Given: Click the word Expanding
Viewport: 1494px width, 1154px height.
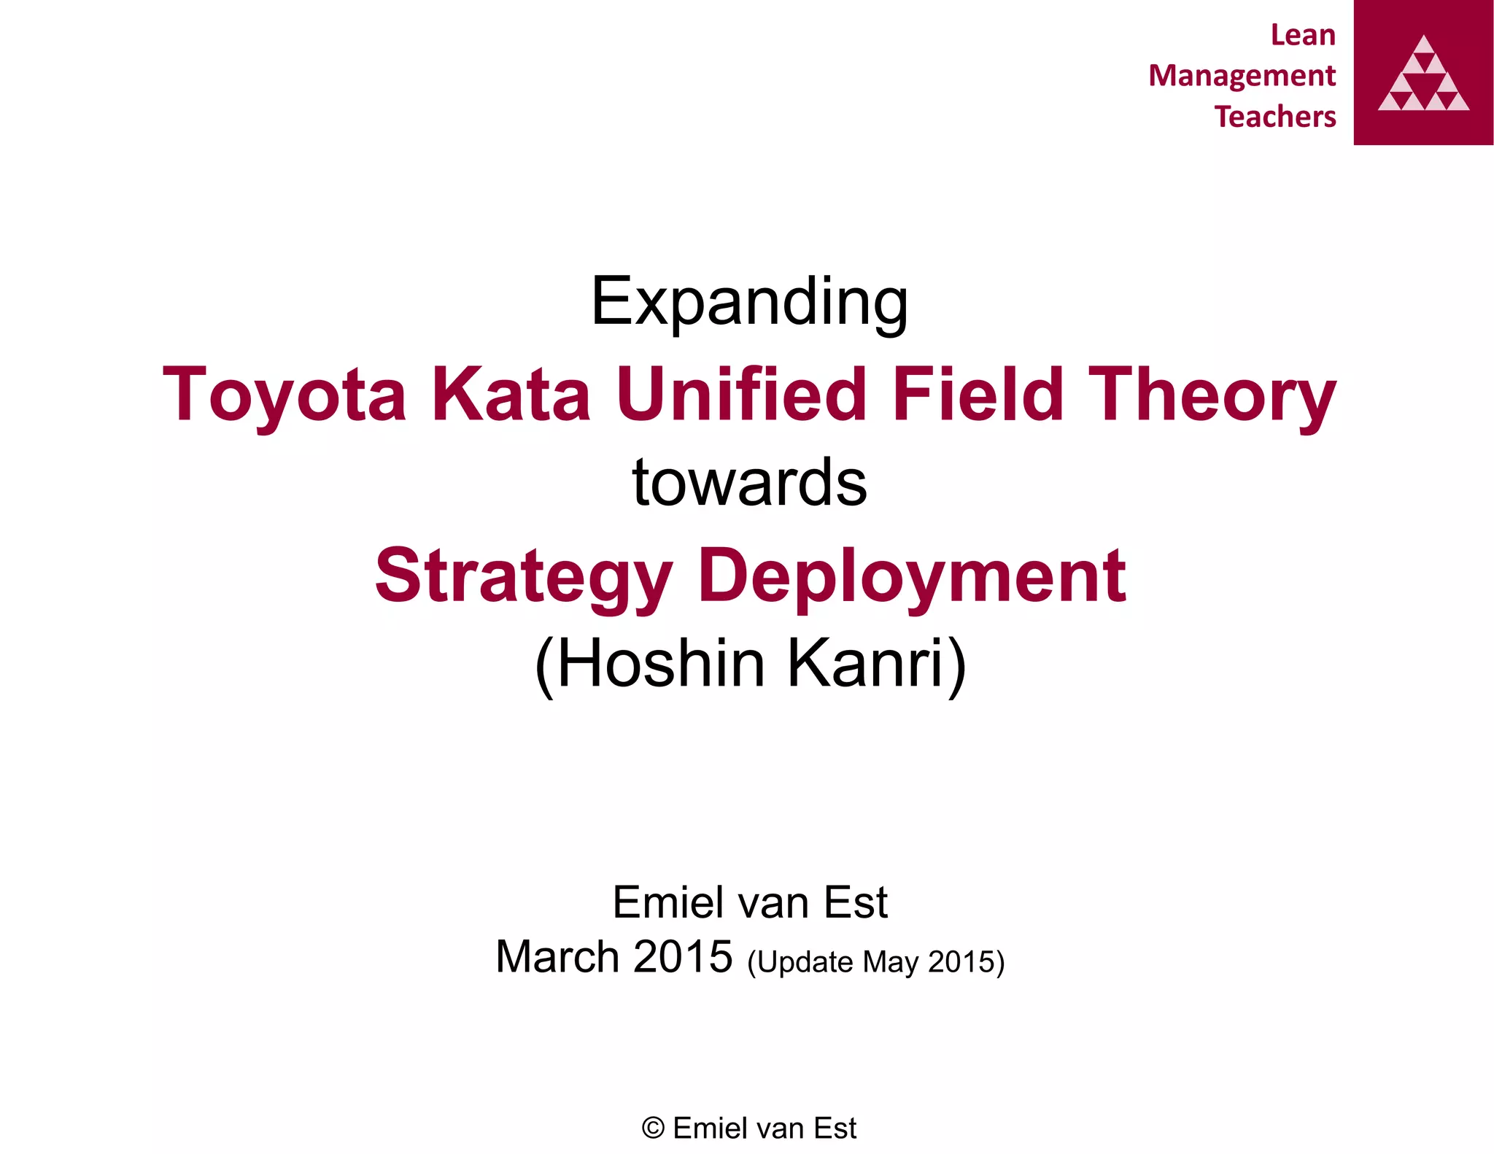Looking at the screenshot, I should click(749, 301).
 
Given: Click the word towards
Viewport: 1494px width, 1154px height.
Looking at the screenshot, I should click(749, 483).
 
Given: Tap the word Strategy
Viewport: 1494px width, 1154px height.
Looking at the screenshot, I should click(523, 576).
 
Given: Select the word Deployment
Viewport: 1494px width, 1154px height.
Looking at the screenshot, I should click(912, 576).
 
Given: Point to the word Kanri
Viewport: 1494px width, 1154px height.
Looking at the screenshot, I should click(875, 664).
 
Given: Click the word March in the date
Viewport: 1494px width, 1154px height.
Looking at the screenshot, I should click(557, 957).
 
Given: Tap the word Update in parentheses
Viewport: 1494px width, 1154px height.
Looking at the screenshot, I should click(806, 962).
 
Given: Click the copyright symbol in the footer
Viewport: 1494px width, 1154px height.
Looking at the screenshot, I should click(653, 1128).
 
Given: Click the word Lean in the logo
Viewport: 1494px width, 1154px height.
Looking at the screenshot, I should click(1303, 35).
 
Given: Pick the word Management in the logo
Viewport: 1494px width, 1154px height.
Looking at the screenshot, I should click(1242, 76).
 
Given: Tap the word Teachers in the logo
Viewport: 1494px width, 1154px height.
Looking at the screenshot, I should click(1275, 117).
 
